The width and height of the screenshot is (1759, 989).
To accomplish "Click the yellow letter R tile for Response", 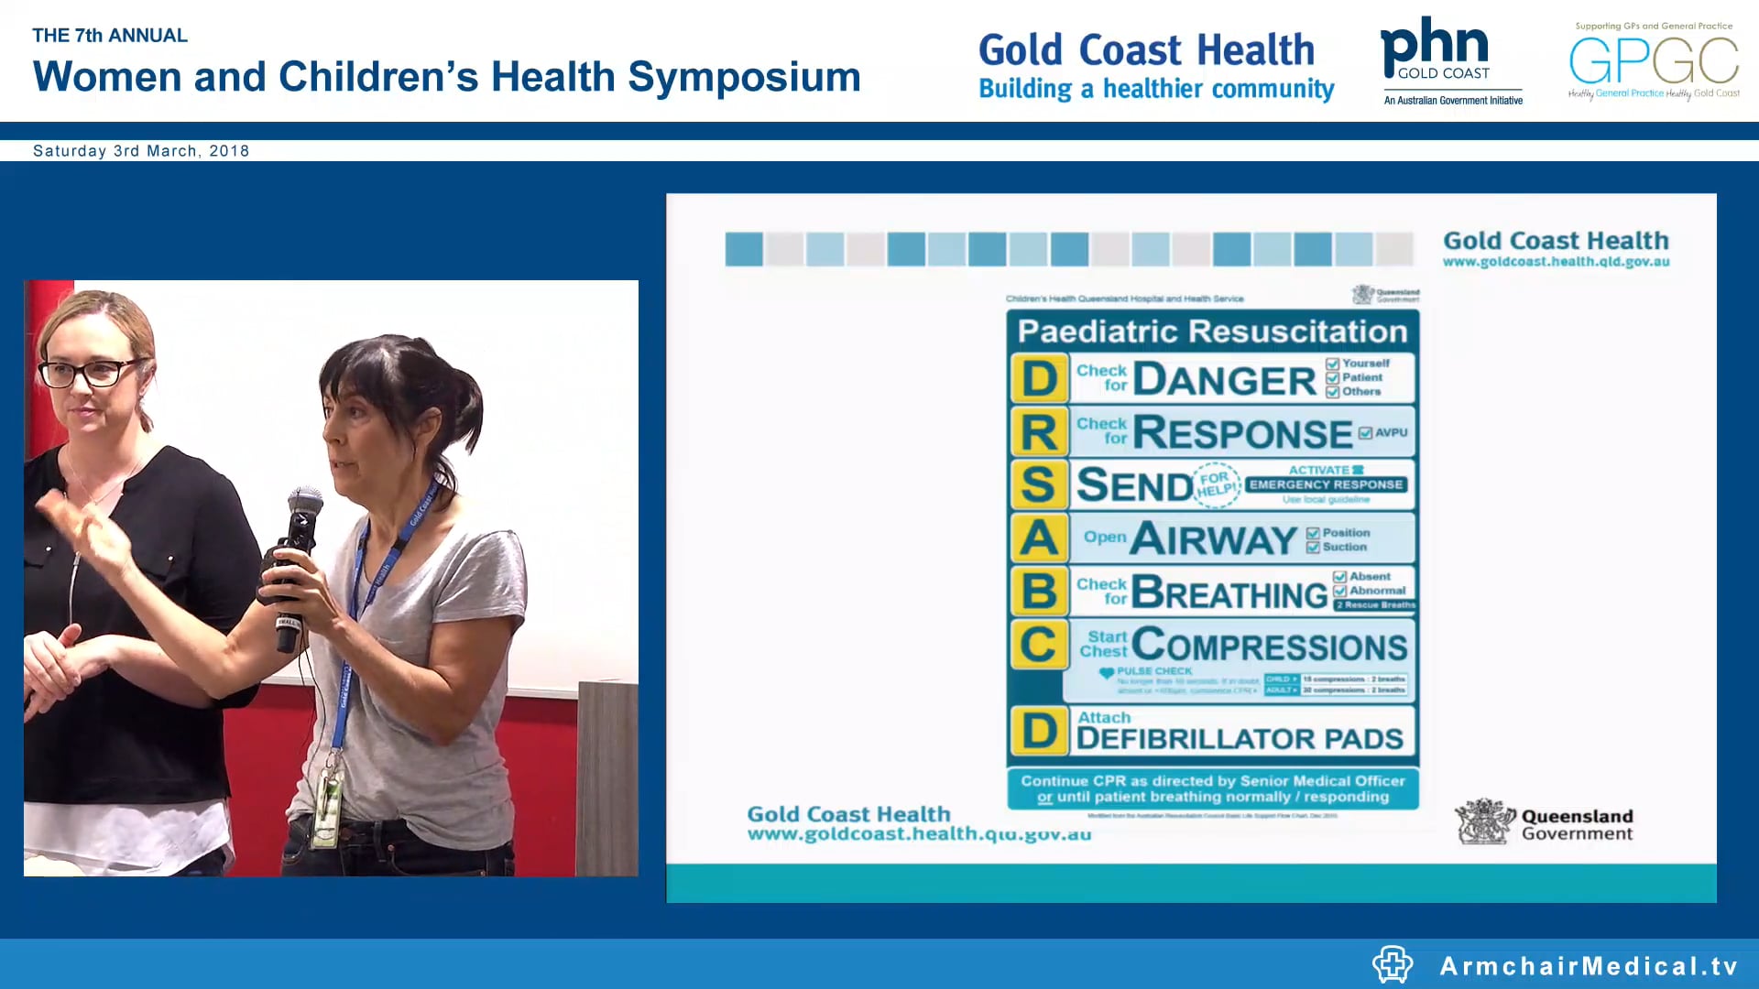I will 1039,431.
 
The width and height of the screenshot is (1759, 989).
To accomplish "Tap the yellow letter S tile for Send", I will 1039,484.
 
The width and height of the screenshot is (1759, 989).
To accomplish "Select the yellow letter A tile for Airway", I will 1039,538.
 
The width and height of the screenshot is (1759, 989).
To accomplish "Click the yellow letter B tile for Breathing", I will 1039,591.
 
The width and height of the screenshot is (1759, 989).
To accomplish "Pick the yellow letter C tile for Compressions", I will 1039,644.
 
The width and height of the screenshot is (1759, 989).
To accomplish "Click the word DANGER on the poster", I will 1224,380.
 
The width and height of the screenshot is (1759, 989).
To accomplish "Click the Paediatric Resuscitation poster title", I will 1212,331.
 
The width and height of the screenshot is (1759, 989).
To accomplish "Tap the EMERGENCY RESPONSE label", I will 1326,484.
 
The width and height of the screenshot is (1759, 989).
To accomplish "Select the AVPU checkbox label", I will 1390,432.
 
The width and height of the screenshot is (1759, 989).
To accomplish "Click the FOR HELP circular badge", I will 1216,484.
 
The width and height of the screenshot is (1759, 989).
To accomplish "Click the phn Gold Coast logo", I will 1450,60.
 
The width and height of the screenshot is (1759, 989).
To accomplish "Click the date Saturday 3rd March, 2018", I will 141,151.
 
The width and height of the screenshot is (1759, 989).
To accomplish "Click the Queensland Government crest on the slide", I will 1482,821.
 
